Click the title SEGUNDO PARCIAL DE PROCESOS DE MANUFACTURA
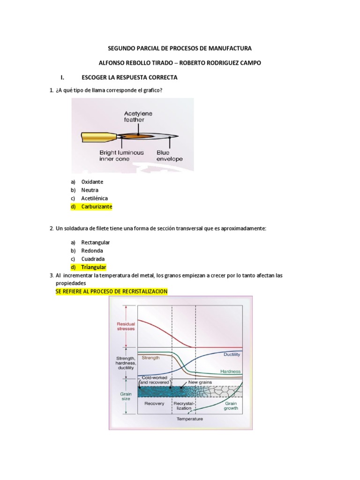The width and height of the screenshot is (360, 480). [180, 48]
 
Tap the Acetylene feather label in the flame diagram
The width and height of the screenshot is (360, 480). [138, 117]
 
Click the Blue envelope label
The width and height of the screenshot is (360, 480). [169, 156]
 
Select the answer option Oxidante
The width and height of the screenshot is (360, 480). [92, 181]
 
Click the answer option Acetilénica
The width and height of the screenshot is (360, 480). [94, 198]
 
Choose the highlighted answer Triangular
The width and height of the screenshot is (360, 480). [93, 267]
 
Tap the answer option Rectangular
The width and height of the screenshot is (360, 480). [95, 242]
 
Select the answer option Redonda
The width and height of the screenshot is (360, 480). [92, 251]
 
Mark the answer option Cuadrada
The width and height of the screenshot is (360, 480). [93, 259]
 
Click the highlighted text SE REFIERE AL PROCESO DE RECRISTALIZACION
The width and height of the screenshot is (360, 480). [111, 292]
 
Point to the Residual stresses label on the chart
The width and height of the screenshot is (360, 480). [126, 326]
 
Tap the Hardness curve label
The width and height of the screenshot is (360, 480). [230, 371]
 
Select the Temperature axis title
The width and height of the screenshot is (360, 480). [189, 419]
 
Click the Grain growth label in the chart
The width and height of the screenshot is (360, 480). [231, 405]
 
